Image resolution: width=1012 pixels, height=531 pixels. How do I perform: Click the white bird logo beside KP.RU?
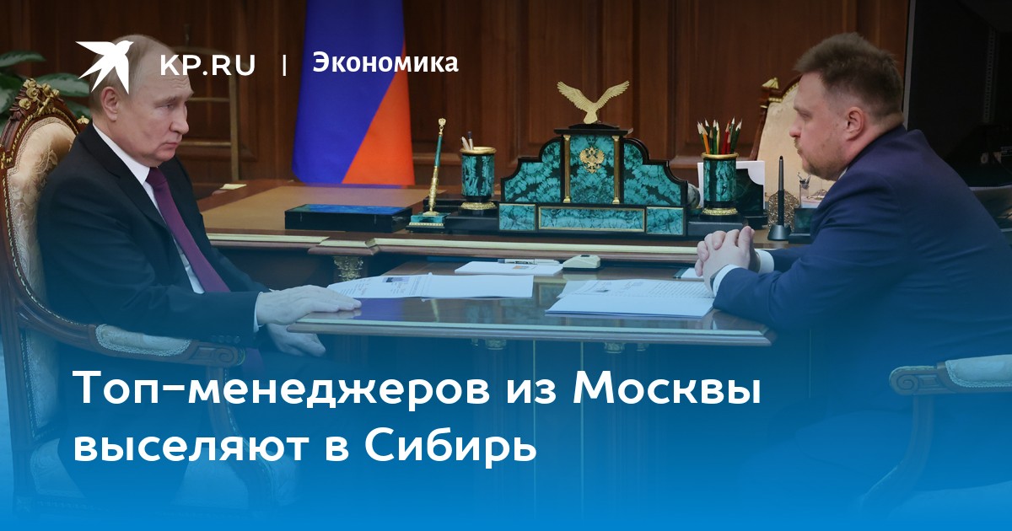click(x=105, y=65)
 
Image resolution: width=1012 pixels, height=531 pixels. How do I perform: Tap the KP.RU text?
click(x=207, y=66)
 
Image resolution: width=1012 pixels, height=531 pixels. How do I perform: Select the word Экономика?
click(x=385, y=62)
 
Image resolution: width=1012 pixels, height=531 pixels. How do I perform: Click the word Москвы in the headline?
click(x=667, y=389)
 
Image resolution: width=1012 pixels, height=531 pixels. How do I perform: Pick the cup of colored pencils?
click(x=719, y=167)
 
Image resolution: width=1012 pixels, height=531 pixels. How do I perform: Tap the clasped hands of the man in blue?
click(x=726, y=251)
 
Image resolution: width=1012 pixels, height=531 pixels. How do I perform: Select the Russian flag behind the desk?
click(x=352, y=93)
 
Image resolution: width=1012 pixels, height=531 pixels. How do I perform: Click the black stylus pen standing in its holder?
click(x=780, y=199)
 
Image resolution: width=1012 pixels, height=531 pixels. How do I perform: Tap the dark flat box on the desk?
click(x=347, y=217)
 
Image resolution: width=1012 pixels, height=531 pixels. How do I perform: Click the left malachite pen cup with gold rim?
click(x=477, y=179)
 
